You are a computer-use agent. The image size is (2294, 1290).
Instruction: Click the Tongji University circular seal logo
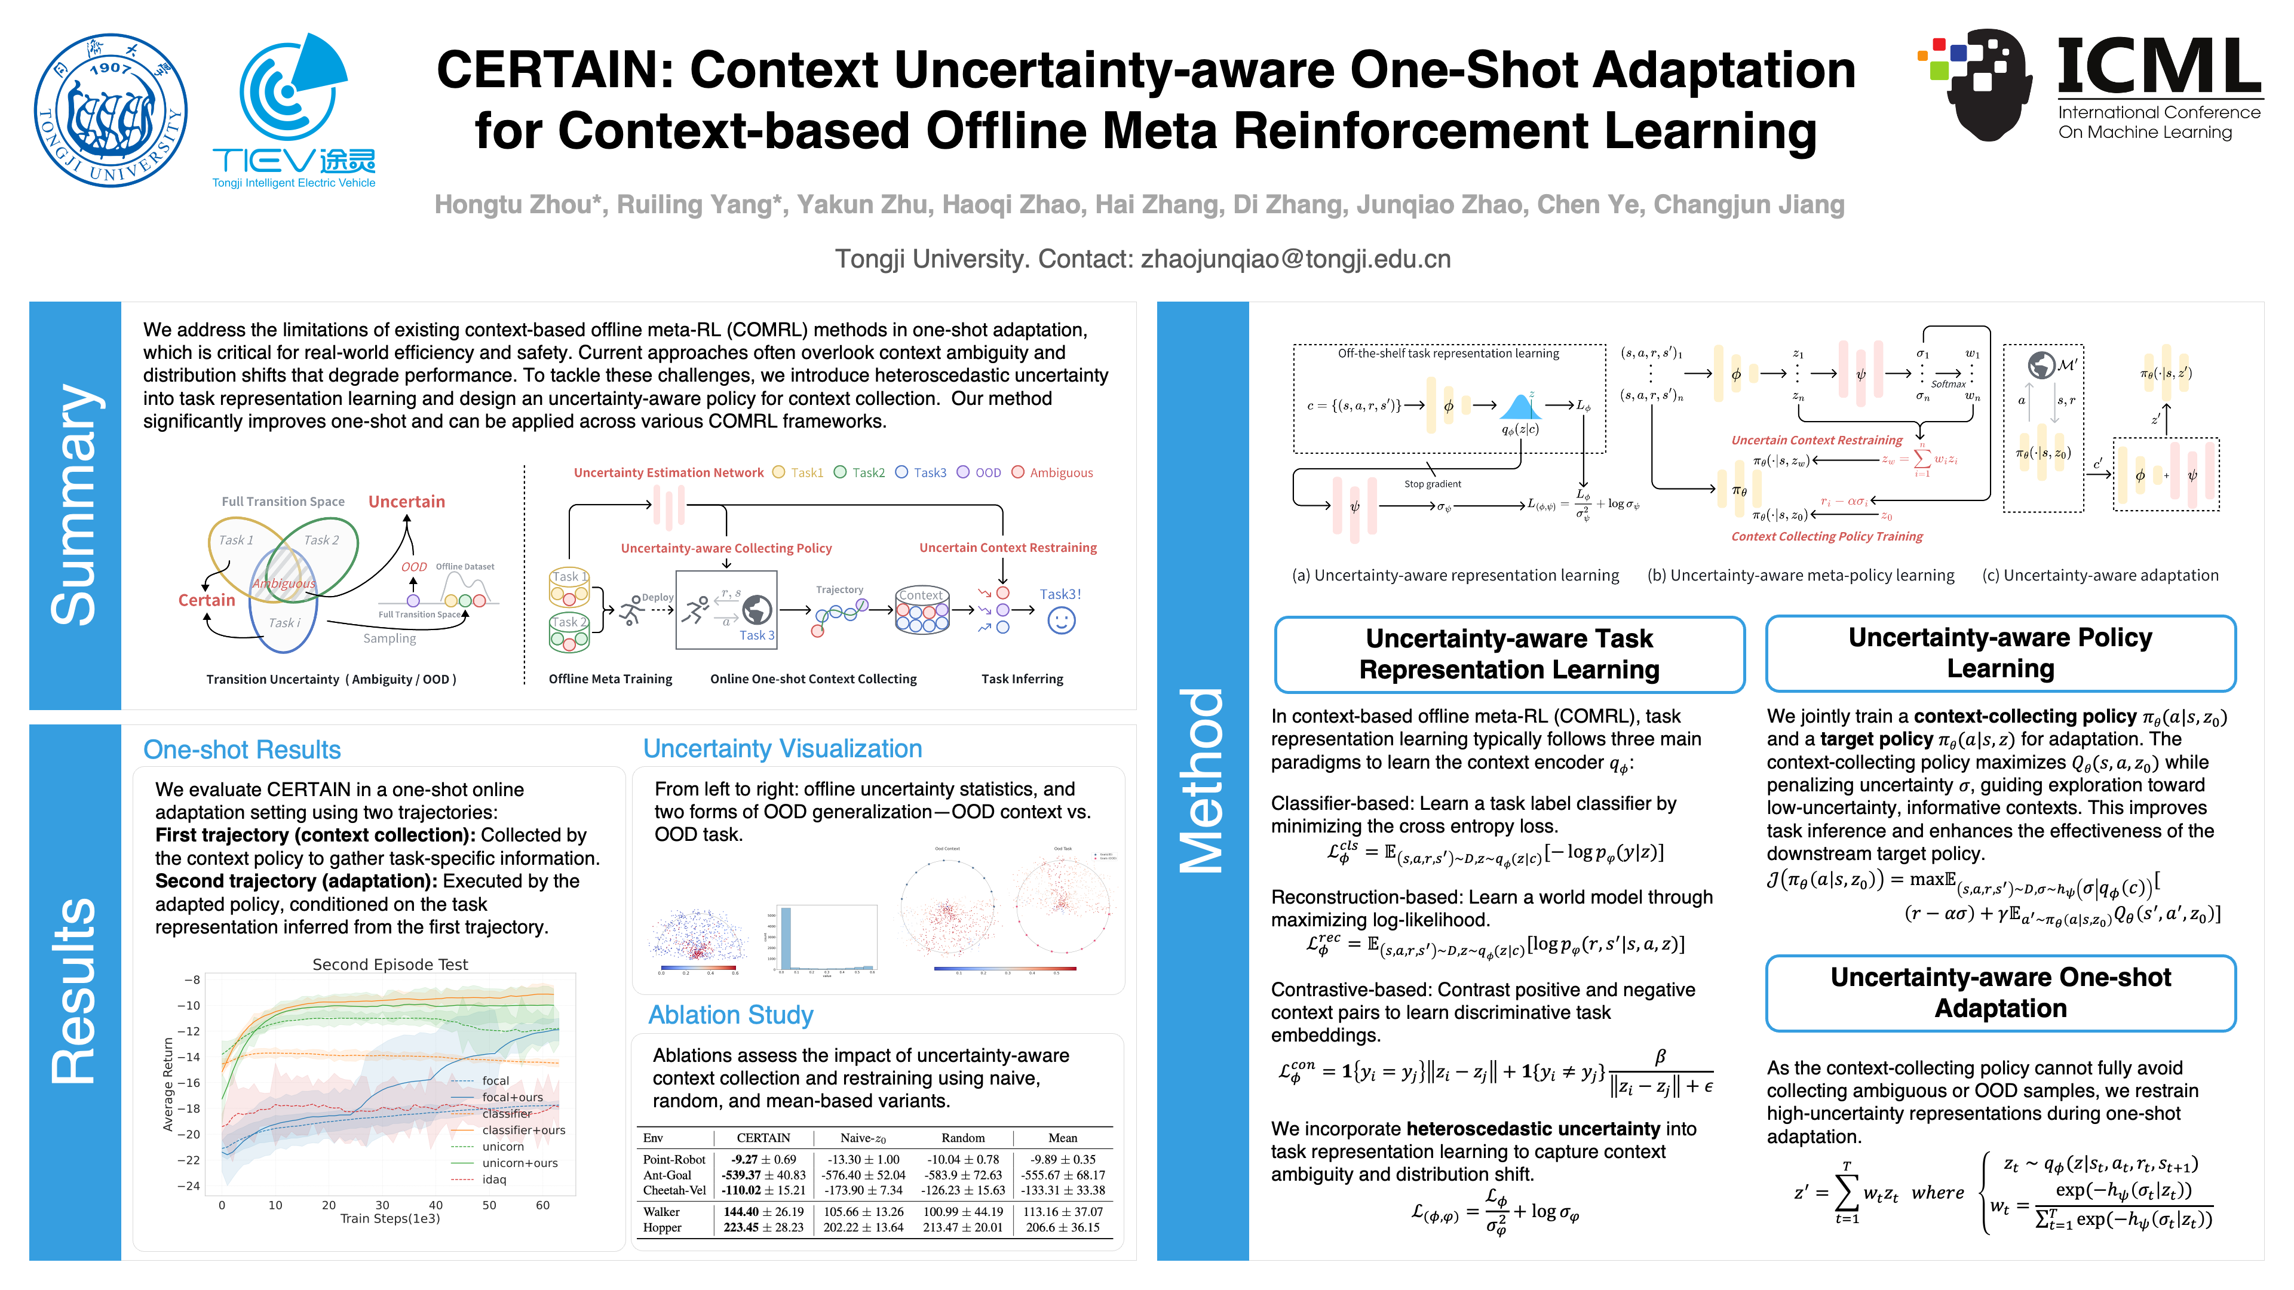coord(111,110)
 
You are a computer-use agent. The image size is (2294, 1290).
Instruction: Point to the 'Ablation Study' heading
coord(730,1015)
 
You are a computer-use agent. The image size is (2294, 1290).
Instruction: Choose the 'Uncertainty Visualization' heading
coord(782,749)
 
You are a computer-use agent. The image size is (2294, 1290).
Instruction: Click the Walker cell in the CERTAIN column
coord(763,1212)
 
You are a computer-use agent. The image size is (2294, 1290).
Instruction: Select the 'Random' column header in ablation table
coord(962,1138)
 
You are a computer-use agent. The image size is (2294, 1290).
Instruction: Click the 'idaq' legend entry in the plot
coord(493,1180)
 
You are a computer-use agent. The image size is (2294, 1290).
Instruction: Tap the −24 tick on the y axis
coord(188,1186)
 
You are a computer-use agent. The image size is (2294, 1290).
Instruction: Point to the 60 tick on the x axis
coord(542,1205)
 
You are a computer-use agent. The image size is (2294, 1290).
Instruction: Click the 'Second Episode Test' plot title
coord(390,964)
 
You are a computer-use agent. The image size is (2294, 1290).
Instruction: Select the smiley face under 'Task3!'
coord(1060,621)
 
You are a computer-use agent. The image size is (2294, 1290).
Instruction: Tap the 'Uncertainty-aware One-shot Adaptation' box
coord(2000,993)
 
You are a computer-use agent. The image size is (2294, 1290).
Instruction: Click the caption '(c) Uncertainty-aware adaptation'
coord(2100,575)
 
